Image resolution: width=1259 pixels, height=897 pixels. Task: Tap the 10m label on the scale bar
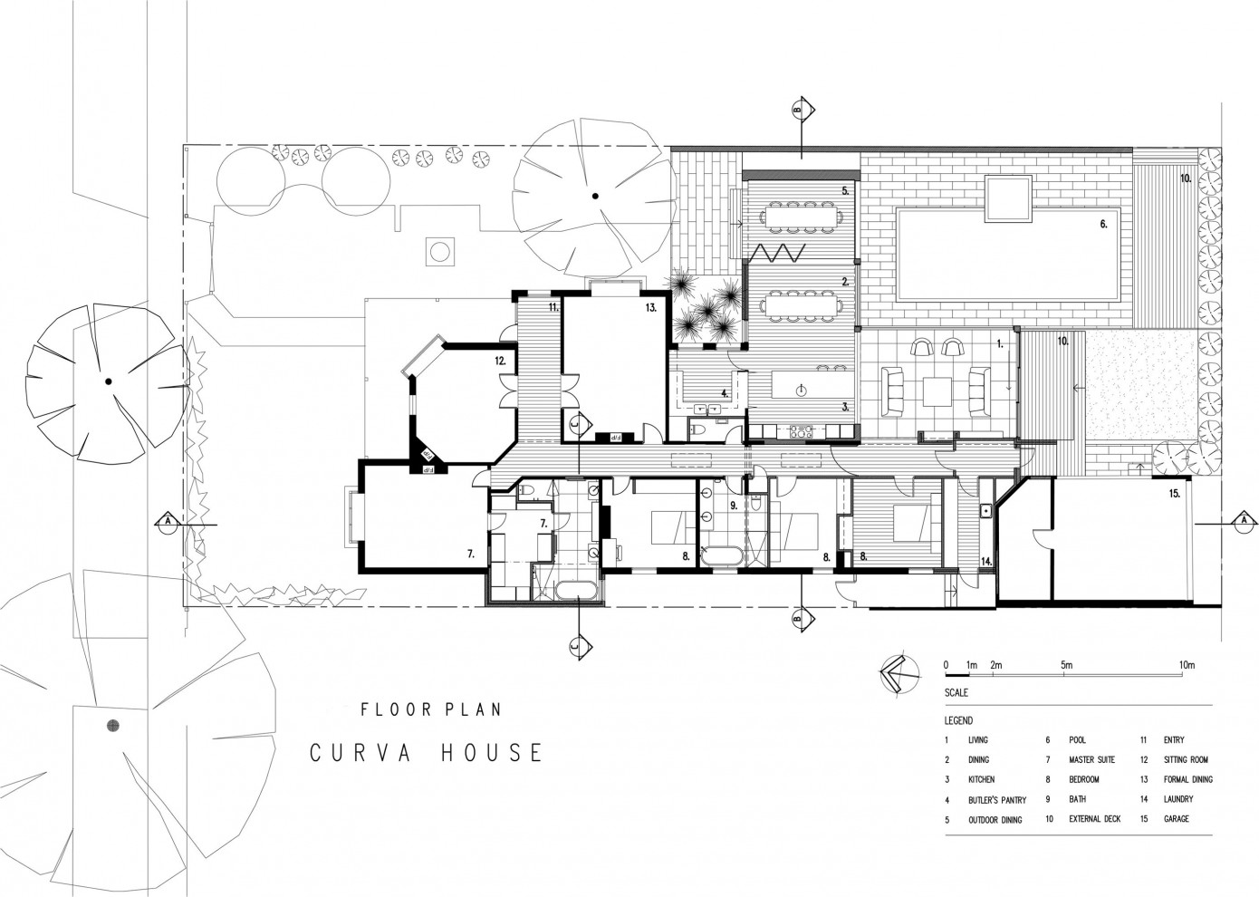click(x=1187, y=665)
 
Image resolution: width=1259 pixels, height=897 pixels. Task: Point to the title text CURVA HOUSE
click(x=426, y=753)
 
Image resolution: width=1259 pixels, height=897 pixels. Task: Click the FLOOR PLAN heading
click(x=430, y=709)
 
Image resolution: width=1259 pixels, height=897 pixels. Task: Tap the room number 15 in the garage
click(x=1174, y=494)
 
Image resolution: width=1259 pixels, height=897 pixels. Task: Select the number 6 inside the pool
click(x=1103, y=224)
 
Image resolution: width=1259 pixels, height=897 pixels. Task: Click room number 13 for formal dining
click(x=650, y=308)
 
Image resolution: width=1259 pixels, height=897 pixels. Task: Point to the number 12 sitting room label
click(x=499, y=361)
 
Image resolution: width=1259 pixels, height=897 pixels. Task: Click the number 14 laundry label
click(x=986, y=562)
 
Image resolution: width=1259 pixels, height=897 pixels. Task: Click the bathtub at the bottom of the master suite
click(x=575, y=592)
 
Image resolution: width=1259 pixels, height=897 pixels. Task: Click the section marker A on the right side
click(x=1243, y=521)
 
